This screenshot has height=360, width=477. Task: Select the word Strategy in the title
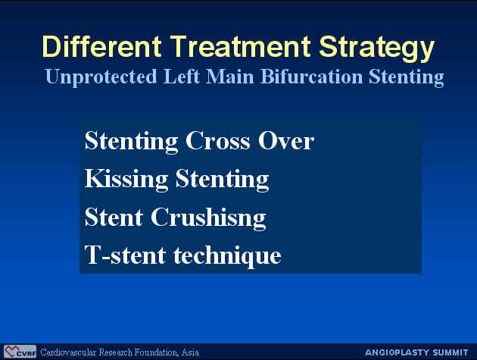[x=377, y=49]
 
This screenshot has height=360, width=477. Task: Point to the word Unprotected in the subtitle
[x=101, y=77]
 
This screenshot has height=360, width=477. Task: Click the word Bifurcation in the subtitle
[x=311, y=76]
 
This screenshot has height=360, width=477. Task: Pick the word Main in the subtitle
[x=229, y=76]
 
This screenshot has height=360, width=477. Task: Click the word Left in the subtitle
[x=181, y=76]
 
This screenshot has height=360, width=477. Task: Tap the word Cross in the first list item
[x=217, y=141]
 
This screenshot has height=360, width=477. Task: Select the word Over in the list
[x=286, y=141]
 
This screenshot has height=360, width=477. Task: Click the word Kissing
[x=126, y=180]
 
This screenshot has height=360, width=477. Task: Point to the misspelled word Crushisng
[x=208, y=218]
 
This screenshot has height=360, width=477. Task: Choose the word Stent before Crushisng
[x=114, y=217]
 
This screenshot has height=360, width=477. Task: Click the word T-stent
[x=126, y=255]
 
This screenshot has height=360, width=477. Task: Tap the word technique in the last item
[x=227, y=257]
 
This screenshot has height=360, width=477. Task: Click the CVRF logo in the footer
[x=20, y=352]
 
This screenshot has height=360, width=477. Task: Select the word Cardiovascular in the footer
[x=68, y=352]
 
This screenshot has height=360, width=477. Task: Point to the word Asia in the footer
[x=190, y=352]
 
